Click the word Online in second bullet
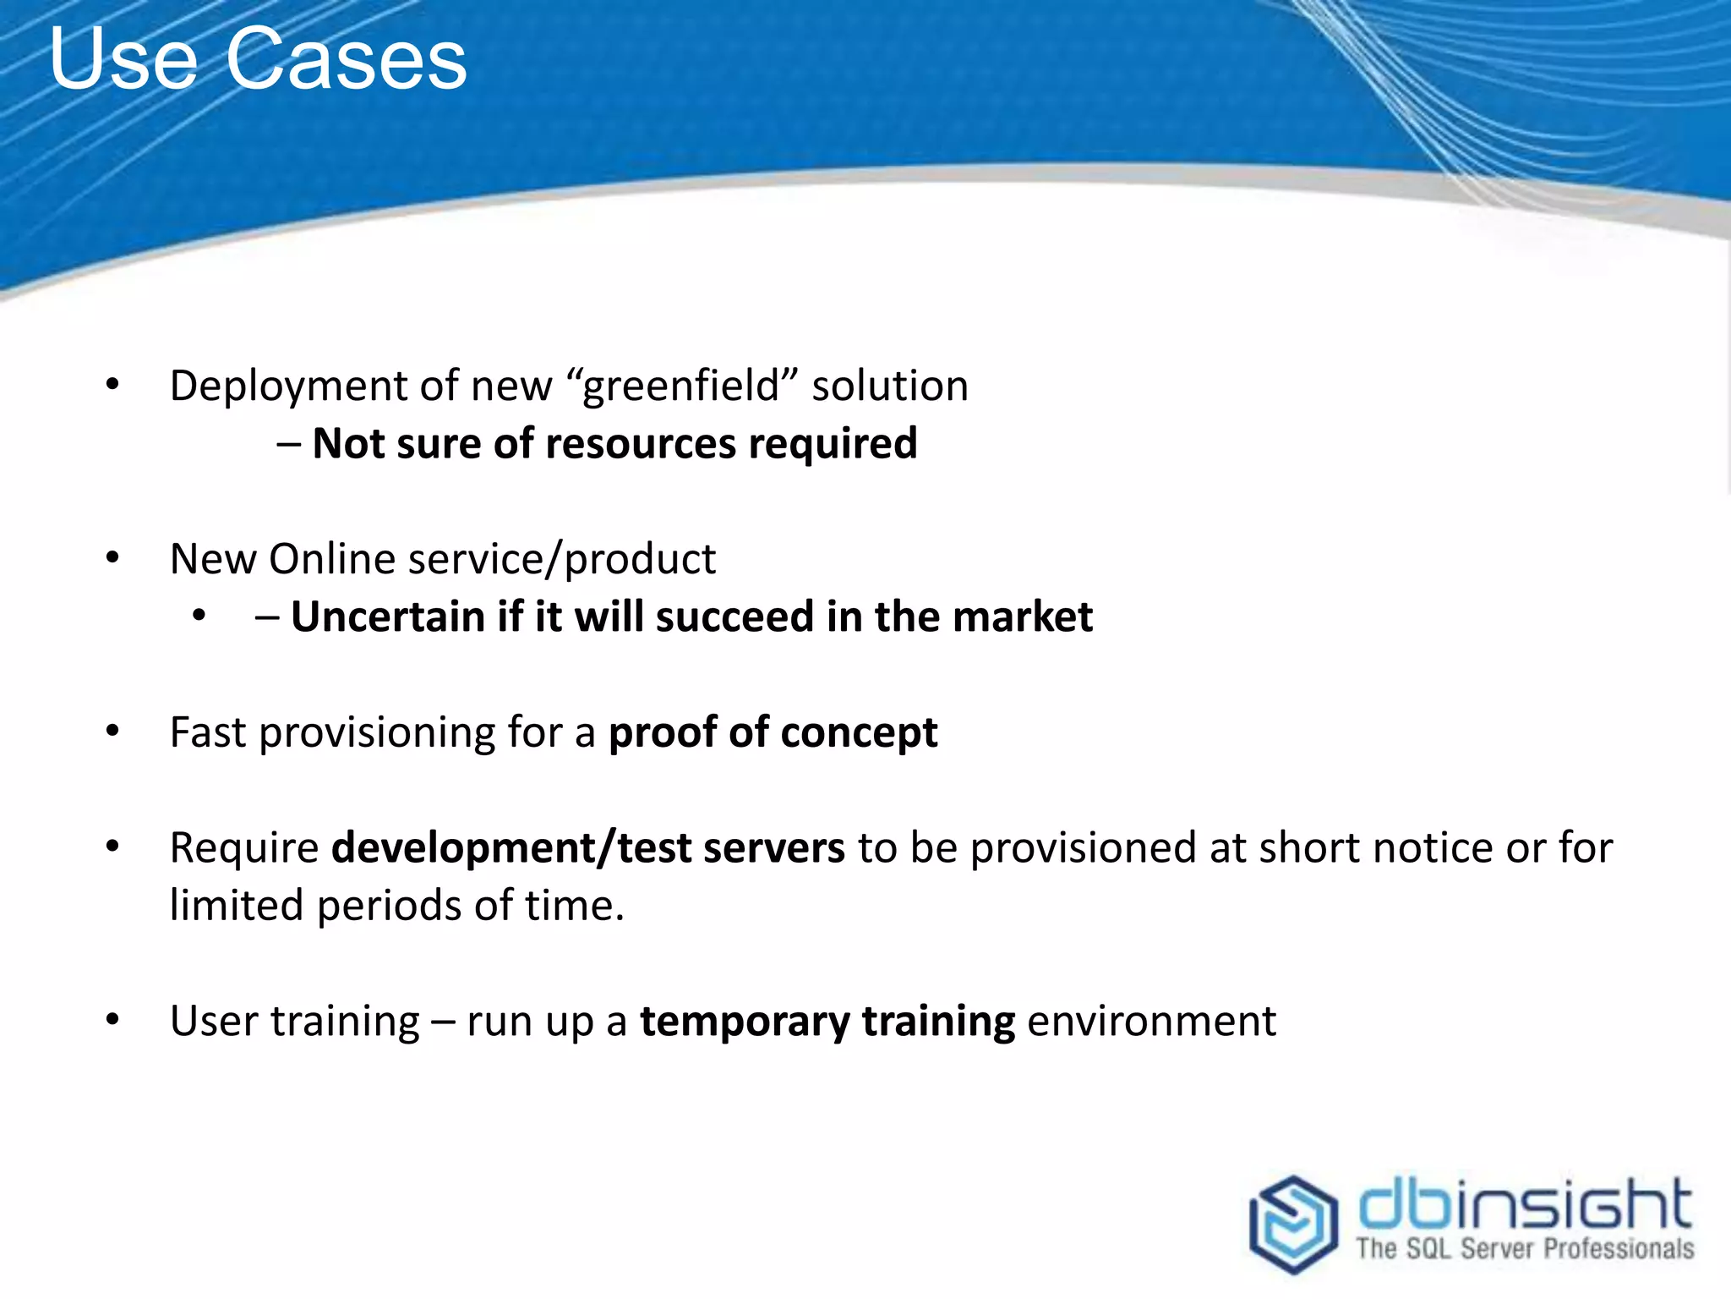tap(332, 559)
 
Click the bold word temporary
tap(744, 1022)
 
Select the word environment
tap(1151, 1021)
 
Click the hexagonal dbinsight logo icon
tap(1293, 1223)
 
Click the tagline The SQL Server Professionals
tap(1524, 1249)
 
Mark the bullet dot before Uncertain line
tap(199, 616)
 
